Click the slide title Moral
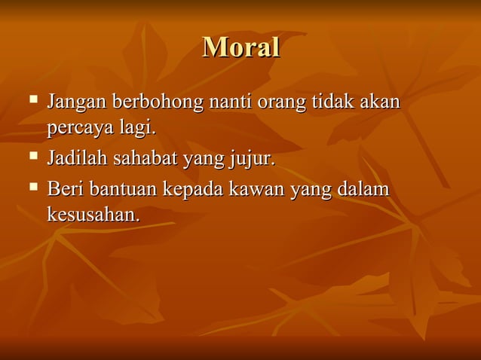pos(241,47)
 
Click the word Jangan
pos(76,102)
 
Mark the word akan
pos(379,101)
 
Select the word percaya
pos(81,129)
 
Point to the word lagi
pos(138,129)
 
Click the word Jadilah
pos(77,160)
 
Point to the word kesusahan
pos(93,215)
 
